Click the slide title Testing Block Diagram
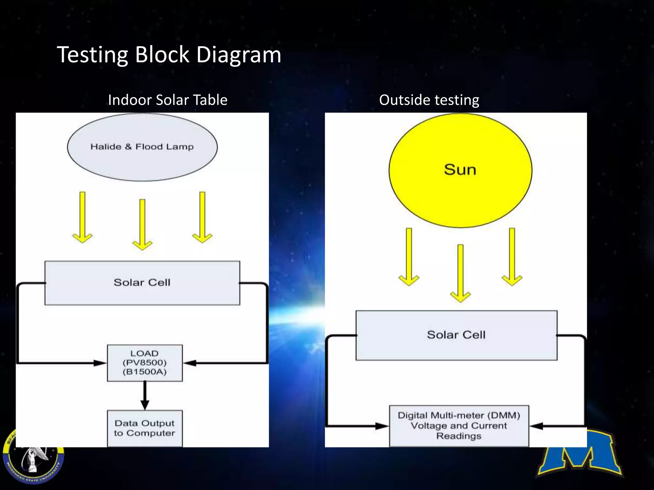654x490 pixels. point(169,55)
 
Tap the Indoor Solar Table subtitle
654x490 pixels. point(168,100)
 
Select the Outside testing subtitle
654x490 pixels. point(429,100)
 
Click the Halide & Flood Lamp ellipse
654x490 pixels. point(142,147)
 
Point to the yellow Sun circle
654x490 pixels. point(460,170)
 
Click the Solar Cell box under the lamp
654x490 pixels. point(142,283)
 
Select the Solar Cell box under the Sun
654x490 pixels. point(456,335)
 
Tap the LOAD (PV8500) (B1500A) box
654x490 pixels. point(145,363)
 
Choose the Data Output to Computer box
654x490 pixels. point(145,428)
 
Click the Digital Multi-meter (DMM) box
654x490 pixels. point(459,426)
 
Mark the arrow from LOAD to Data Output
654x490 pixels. point(145,396)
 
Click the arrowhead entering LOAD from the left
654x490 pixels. point(100,363)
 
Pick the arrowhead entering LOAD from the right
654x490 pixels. point(190,363)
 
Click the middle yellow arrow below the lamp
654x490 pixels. point(142,225)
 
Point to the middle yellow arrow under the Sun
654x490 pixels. point(460,273)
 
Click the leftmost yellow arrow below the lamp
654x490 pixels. point(82,218)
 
